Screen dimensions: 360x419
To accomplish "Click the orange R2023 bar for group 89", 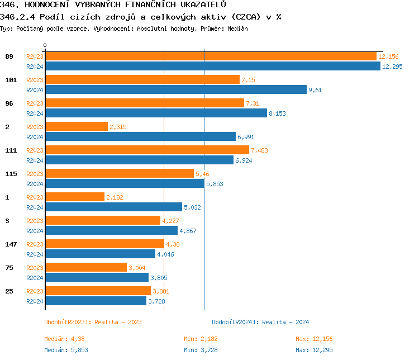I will pyautogui.click(x=210, y=56).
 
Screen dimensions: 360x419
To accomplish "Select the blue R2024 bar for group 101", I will pyautogui.click(x=175, y=89).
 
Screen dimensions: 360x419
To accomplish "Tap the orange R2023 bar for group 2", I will pyautogui.click(x=76, y=127).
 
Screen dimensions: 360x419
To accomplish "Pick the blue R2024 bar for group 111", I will pyautogui.click(x=139, y=160).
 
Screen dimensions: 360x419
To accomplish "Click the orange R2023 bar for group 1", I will pyautogui.click(x=74, y=197).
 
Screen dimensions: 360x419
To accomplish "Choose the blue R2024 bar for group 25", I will pyautogui.click(x=96, y=301).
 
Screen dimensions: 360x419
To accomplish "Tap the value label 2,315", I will pyautogui.click(x=118, y=127).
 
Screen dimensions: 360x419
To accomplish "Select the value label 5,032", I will pyautogui.click(x=192, y=207).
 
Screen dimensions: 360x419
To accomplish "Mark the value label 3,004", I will pyautogui.click(x=137, y=268).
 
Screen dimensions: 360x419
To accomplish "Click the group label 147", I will pyautogui.click(x=11, y=244).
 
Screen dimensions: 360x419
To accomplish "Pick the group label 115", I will pyautogui.click(x=11, y=174).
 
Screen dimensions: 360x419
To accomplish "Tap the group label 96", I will pyautogui.click(x=9, y=103).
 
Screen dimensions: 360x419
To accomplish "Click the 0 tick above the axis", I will pyautogui.click(x=45, y=45).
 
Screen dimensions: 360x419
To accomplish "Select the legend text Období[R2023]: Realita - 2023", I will pyautogui.click(x=93, y=322).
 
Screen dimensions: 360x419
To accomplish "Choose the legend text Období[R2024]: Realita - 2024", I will pyautogui.click(x=260, y=322).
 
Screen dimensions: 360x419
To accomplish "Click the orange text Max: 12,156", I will pyautogui.click(x=314, y=339).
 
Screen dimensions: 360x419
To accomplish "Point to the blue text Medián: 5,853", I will pyautogui.click(x=64, y=350).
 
